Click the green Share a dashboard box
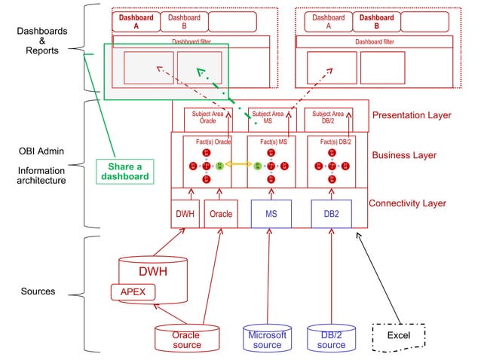124,171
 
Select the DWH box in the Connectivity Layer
185,213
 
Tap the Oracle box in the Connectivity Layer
220,213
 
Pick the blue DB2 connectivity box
331,213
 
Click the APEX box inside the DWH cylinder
133,291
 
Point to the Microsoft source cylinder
267,340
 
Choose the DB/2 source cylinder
331,340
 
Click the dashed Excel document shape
399,335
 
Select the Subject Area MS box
268,117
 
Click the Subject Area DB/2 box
329,117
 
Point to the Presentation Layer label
411,115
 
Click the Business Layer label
404,155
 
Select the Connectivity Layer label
407,203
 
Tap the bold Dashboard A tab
136,21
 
